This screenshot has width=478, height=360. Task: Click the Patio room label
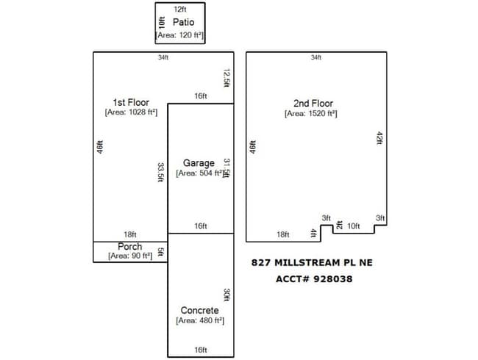(183, 22)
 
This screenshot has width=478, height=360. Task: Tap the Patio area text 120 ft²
(180, 35)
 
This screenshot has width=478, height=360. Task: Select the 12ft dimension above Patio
(180, 10)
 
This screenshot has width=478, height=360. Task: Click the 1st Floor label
(129, 101)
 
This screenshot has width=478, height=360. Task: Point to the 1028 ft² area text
(129, 112)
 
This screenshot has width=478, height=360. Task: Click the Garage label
(199, 163)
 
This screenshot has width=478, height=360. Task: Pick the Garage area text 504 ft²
(199, 174)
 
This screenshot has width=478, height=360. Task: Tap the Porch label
(129, 246)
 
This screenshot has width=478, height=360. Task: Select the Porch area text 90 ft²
(129, 256)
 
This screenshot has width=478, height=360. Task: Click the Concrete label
(199, 311)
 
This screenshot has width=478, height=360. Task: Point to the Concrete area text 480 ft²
(200, 321)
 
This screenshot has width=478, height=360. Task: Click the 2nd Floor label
(312, 104)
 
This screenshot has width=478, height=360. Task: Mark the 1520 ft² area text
(311, 114)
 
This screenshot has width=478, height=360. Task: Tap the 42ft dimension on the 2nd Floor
(379, 139)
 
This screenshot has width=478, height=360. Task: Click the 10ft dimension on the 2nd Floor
(353, 226)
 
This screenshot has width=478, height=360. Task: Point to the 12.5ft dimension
(227, 77)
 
